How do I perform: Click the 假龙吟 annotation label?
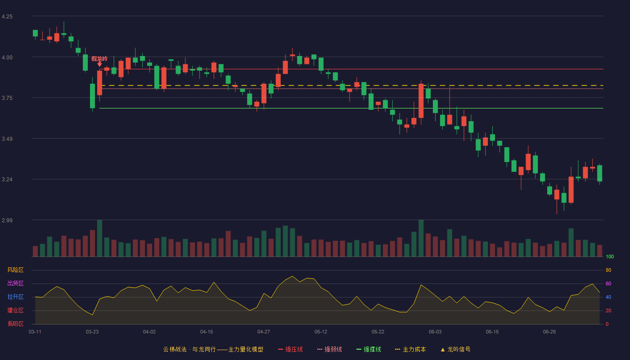(99, 59)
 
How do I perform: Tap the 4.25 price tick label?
(7, 17)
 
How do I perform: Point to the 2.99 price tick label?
(7, 220)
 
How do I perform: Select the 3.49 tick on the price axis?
(7, 139)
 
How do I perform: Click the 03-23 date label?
(92, 332)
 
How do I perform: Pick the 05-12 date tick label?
(321, 332)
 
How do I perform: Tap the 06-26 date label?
(549, 332)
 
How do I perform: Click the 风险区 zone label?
(15, 270)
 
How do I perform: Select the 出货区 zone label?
(15, 283)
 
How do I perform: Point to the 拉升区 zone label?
(15, 297)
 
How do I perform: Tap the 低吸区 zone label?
(15, 324)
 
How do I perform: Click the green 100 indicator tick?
(610, 256)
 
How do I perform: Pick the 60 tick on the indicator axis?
(608, 283)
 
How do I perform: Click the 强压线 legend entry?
(290, 349)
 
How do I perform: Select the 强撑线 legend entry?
(369, 349)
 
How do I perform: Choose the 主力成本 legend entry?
(410, 349)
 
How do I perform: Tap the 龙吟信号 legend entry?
(455, 349)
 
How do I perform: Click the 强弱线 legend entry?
(329, 349)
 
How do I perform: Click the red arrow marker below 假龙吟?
(99, 64)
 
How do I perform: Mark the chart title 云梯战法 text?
(175, 349)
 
